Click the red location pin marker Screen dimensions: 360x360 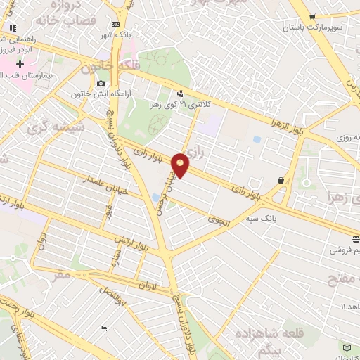point(181,165)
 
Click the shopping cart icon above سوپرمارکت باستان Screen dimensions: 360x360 point(313,16)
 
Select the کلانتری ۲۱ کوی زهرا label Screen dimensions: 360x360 point(166,103)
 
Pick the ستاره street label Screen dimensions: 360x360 point(112,264)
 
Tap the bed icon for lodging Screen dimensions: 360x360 point(104,329)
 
